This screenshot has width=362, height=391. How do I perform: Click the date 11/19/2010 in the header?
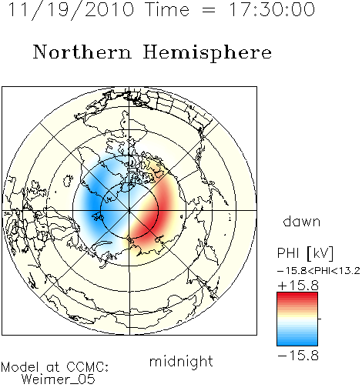(x=71, y=10)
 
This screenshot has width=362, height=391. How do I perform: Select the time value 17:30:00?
(x=272, y=9)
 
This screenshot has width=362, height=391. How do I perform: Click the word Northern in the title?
(x=82, y=52)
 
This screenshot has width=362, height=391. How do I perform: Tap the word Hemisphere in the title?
(x=207, y=53)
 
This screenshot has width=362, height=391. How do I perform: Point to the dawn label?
(x=302, y=221)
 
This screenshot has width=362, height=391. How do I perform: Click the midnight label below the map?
(x=181, y=361)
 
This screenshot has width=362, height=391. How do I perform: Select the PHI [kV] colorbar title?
(x=305, y=253)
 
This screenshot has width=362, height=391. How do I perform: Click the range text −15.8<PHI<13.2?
(x=319, y=271)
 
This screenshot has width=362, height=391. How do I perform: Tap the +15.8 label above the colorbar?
(x=298, y=286)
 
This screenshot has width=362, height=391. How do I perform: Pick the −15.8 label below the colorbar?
(x=298, y=356)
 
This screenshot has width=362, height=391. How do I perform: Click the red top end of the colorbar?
(x=297, y=294)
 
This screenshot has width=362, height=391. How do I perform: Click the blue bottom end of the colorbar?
(x=297, y=343)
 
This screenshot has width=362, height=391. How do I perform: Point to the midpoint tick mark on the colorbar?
(x=320, y=319)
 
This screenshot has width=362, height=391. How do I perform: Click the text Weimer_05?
(x=59, y=379)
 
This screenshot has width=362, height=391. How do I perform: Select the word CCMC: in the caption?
(x=88, y=367)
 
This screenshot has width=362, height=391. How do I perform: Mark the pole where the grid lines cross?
(x=129, y=210)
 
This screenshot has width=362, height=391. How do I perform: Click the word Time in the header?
(x=167, y=9)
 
